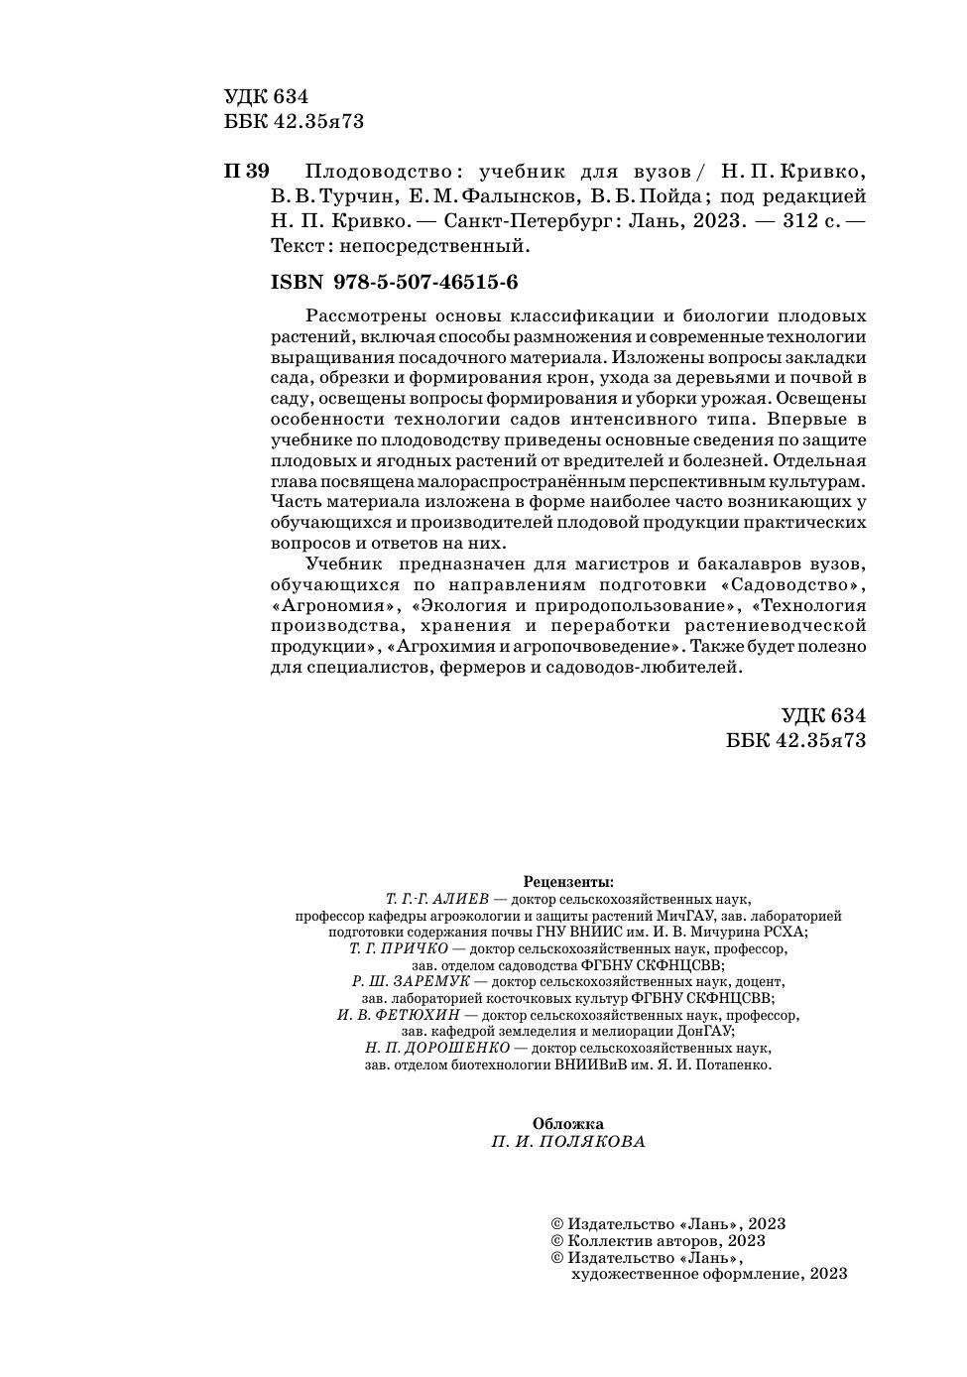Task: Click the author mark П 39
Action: click(x=247, y=171)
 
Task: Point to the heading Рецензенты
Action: click(x=568, y=881)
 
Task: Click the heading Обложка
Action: click(x=567, y=1123)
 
